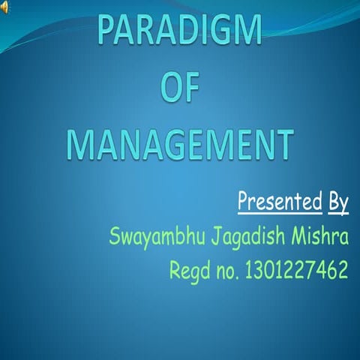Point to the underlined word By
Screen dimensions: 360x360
coord(338,202)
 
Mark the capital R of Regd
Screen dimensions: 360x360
coord(175,268)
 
